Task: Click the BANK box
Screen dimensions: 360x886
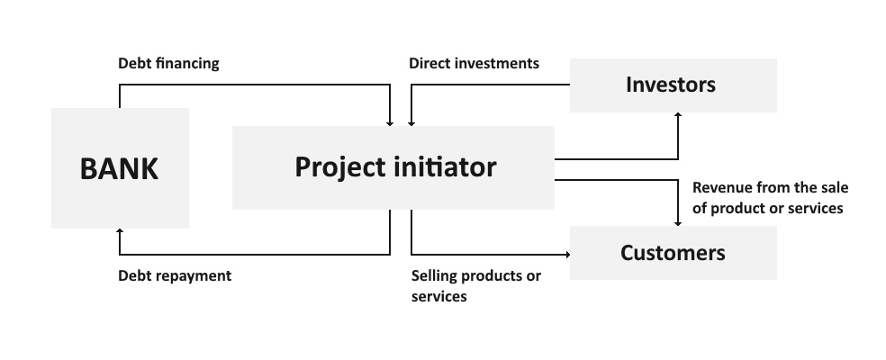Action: (x=120, y=167)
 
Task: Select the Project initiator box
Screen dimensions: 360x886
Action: (x=393, y=167)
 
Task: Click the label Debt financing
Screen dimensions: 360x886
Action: (x=168, y=64)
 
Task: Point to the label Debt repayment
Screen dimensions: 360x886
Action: (x=175, y=275)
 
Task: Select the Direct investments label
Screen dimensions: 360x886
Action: (x=474, y=64)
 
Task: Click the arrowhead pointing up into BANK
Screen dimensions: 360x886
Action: (x=120, y=232)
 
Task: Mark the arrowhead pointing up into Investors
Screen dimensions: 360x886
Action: (x=678, y=117)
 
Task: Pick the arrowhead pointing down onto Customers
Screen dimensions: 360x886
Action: (x=678, y=221)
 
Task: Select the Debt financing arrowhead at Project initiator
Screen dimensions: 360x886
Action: (x=390, y=121)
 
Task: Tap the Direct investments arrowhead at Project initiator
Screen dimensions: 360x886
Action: (x=411, y=121)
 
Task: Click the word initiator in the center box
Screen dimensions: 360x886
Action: (x=442, y=167)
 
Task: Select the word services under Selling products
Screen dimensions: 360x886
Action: (x=439, y=296)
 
